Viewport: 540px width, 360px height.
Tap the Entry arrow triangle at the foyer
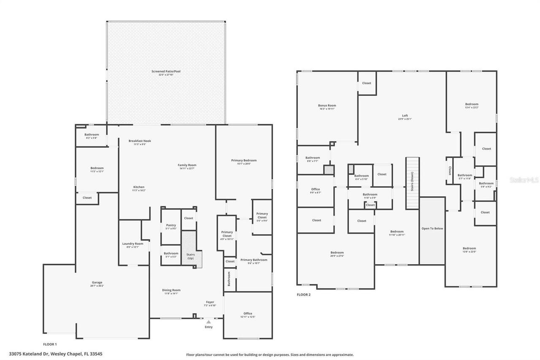[x=208, y=322]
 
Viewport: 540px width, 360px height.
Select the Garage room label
[x=97, y=282]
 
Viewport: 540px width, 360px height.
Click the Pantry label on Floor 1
[x=171, y=225]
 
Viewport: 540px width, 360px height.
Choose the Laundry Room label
[x=132, y=244]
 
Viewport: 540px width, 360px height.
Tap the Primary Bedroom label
[x=243, y=160]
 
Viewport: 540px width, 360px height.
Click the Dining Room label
[x=171, y=290]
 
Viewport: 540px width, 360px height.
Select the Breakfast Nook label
[x=140, y=141]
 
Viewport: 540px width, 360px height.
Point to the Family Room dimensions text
[x=188, y=169]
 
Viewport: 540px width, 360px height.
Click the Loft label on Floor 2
[x=405, y=116]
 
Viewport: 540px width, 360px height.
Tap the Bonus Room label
[x=327, y=106]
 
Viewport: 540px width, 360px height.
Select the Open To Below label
[x=432, y=228]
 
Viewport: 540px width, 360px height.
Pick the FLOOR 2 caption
[x=303, y=295]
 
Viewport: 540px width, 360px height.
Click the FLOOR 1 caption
[x=50, y=344]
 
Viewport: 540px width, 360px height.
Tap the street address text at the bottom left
[x=55, y=354]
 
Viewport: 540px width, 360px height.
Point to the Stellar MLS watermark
[x=524, y=180]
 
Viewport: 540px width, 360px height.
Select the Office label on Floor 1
[x=248, y=313]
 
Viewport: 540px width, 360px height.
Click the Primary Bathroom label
[x=254, y=260]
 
